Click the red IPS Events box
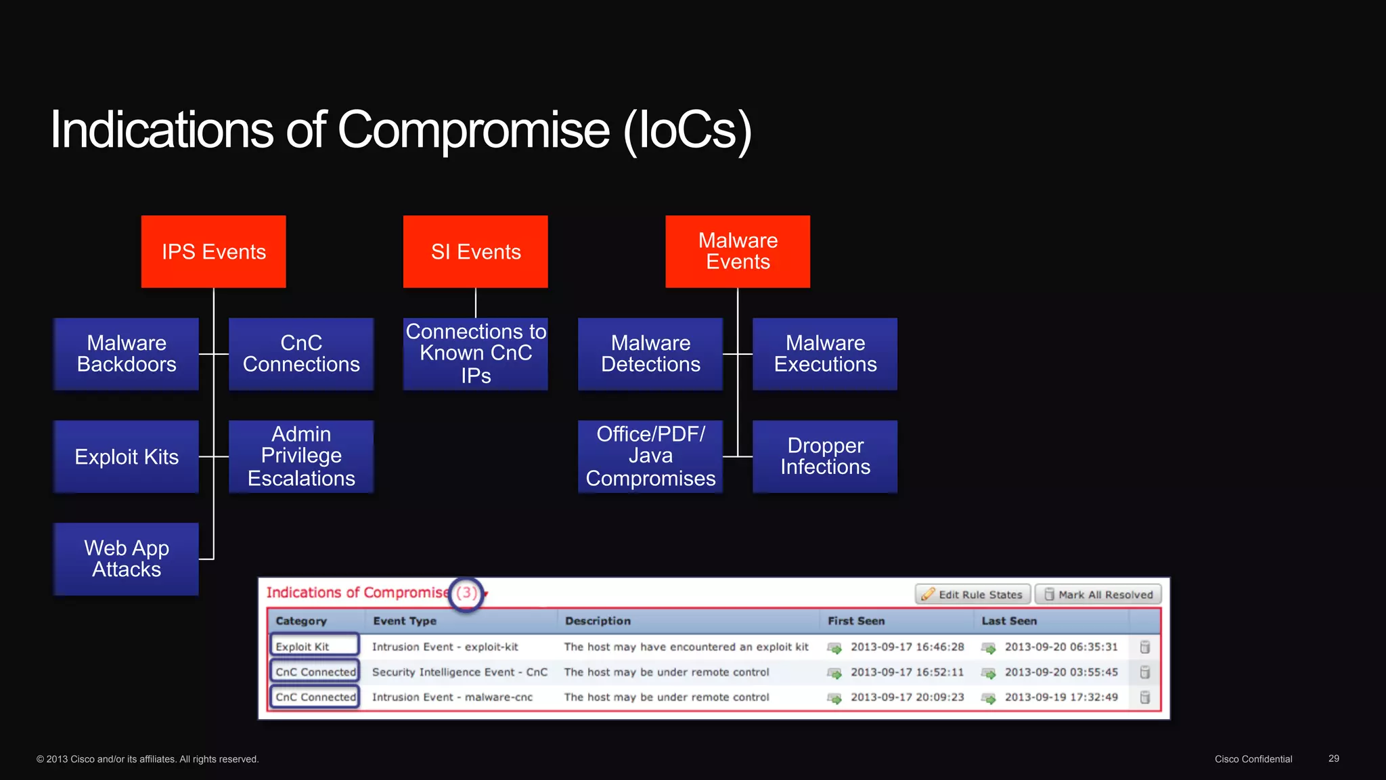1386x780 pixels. click(x=213, y=252)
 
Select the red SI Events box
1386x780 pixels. click(x=475, y=252)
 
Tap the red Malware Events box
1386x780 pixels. click(x=738, y=252)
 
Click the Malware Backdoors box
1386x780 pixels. click(x=127, y=354)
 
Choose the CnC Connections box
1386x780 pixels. click(x=301, y=354)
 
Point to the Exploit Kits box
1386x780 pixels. click(x=127, y=457)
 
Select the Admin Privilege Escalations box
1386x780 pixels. click(x=301, y=457)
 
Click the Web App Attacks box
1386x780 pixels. click(x=127, y=559)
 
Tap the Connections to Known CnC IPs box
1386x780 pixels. click(x=475, y=354)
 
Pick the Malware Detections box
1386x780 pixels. click(x=650, y=354)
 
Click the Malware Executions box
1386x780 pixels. click(x=825, y=354)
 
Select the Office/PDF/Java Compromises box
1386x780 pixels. click(x=650, y=457)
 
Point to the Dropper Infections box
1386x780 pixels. click(x=825, y=457)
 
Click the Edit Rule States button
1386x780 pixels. click(x=973, y=594)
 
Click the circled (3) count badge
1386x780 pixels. click(x=466, y=594)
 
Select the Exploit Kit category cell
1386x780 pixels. click(x=315, y=647)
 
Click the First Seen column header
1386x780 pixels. click(x=856, y=621)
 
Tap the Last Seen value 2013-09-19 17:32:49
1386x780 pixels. click(x=1061, y=697)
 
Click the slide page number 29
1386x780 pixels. click(x=1333, y=758)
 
